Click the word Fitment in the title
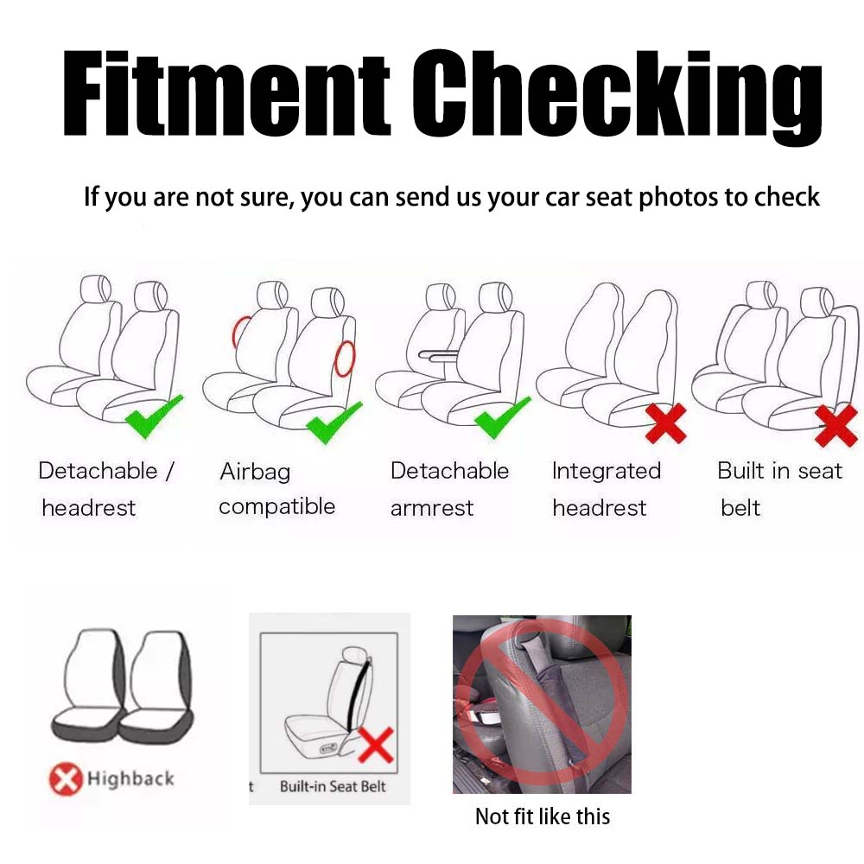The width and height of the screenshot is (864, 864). pyautogui.click(x=227, y=92)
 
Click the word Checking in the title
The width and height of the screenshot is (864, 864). pyautogui.click(x=617, y=97)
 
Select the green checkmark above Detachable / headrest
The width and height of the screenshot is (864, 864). pyautogui.click(x=154, y=416)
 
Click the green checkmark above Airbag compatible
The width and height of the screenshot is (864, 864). pyautogui.click(x=334, y=422)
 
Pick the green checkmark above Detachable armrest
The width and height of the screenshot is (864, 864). pyautogui.click(x=502, y=417)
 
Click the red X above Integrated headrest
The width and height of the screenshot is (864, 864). pyautogui.click(x=666, y=423)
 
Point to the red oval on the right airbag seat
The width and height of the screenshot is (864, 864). pyautogui.click(x=346, y=359)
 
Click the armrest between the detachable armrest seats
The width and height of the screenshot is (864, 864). pyautogui.click(x=438, y=355)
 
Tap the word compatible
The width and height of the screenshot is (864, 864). pyautogui.click(x=277, y=506)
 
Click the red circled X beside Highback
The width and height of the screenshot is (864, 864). pyautogui.click(x=67, y=779)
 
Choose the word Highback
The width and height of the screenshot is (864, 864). pyautogui.click(x=130, y=778)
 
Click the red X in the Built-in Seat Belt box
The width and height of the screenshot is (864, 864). pyautogui.click(x=376, y=745)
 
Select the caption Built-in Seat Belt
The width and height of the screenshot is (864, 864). pyautogui.click(x=333, y=786)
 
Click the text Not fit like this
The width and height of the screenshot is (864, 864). pyautogui.click(x=543, y=816)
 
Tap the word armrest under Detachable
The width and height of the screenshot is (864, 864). pyautogui.click(x=432, y=508)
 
